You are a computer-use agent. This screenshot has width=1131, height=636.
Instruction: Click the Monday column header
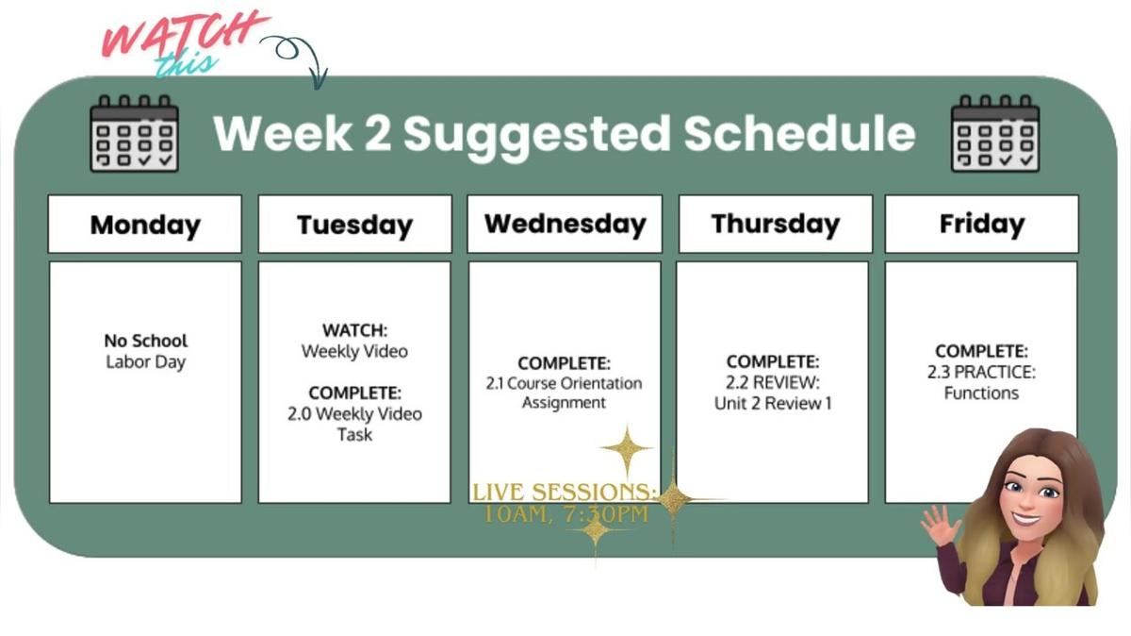click(x=145, y=225)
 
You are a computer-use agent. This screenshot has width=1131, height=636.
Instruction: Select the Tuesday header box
click(x=354, y=225)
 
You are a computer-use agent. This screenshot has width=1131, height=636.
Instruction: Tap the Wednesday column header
click(x=565, y=224)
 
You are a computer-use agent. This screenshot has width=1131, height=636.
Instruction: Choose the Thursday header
click(x=775, y=224)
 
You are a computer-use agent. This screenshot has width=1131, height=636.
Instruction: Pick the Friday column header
click(x=981, y=224)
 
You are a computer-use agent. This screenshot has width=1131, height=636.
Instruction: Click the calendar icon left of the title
click(x=134, y=133)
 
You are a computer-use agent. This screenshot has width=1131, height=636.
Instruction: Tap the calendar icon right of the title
click(x=994, y=133)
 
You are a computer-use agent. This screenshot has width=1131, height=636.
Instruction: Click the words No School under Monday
click(x=145, y=341)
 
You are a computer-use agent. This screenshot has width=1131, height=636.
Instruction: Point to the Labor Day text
click(x=145, y=362)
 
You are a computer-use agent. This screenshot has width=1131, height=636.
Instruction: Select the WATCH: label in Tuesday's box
click(x=354, y=331)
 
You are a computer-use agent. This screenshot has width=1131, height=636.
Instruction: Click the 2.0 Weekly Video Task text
click(x=354, y=424)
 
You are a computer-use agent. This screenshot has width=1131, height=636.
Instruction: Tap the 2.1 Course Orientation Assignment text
click(x=565, y=393)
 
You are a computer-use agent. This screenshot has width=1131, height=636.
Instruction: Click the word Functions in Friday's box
click(x=981, y=393)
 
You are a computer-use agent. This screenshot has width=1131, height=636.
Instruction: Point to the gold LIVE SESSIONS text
click(x=564, y=493)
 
